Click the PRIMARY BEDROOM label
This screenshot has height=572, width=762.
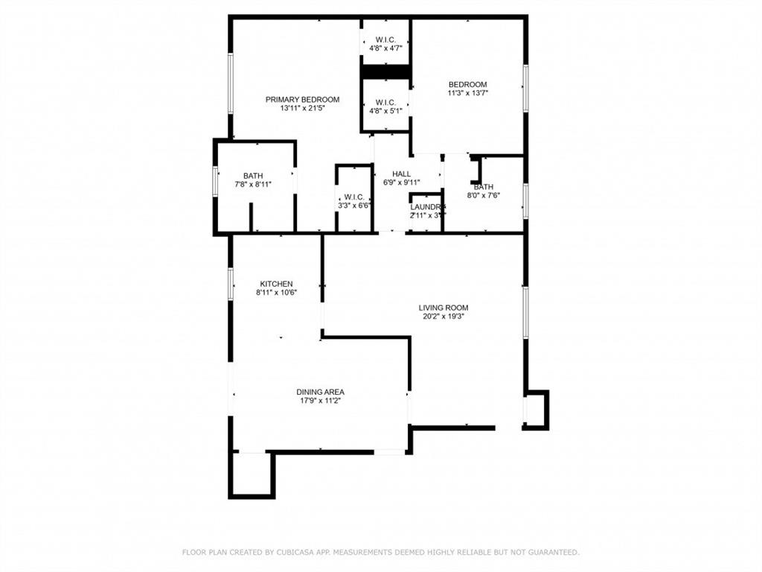pos(302,100)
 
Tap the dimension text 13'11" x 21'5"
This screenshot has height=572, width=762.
pos(302,109)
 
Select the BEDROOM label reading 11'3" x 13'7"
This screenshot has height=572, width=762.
pos(467,85)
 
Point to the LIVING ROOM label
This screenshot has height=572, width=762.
pos(444,308)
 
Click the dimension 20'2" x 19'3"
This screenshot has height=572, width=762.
pos(444,317)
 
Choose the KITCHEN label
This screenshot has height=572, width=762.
pos(276,284)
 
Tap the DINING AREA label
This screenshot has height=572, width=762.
pos(320,392)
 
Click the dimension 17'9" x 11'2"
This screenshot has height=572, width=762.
pos(320,401)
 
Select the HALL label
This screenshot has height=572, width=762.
pos(402,174)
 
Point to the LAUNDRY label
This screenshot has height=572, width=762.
pos(427,206)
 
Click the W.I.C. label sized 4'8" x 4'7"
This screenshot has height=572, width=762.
pos(385,39)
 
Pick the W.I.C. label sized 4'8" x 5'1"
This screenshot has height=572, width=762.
pos(385,102)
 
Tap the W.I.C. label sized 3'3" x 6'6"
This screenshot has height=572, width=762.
pos(353,197)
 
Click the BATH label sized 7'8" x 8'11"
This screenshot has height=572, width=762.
pos(253,176)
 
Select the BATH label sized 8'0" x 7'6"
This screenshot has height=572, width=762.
pos(484,187)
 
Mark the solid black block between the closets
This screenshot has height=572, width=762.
pos(386,71)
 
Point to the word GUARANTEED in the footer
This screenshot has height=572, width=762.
pos(551,553)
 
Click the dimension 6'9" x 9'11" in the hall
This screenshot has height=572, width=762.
pos(402,182)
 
